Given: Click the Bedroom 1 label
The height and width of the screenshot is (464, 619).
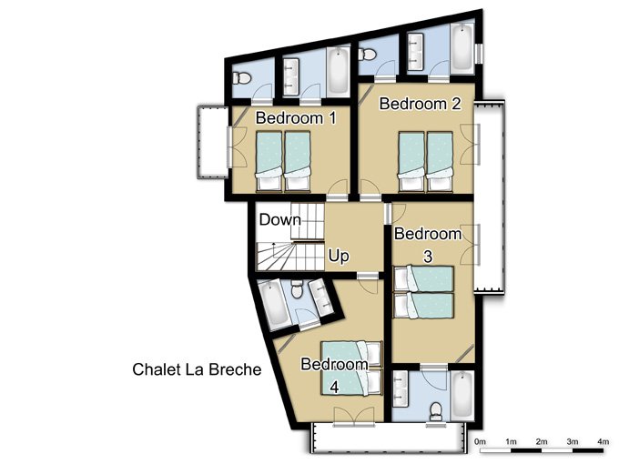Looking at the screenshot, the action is pyautogui.click(x=296, y=117).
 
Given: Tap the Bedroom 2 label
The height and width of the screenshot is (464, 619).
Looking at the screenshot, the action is pyautogui.click(x=420, y=104).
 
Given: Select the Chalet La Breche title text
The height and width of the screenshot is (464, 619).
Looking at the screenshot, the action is pyautogui.click(x=197, y=369).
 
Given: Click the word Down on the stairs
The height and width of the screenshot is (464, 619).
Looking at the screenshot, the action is pyautogui.click(x=279, y=219).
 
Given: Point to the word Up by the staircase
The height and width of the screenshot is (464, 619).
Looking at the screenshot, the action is pyautogui.click(x=339, y=256).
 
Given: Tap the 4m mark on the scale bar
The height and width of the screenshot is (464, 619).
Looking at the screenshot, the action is pyautogui.click(x=603, y=441).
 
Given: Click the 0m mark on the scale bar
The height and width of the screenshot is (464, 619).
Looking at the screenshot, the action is pyautogui.click(x=480, y=441).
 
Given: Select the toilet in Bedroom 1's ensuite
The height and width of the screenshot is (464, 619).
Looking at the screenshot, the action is pyautogui.click(x=241, y=78).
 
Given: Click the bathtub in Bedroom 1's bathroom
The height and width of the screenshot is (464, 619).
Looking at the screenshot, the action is pyautogui.click(x=338, y=70).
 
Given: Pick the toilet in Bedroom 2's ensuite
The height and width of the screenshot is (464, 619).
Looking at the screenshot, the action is pyautogui.click(x=368, y=55).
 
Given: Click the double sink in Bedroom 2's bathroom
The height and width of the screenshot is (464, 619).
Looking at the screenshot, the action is pyautogui.click(x=415, y=50).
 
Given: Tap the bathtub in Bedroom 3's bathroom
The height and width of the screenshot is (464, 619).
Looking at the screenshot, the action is pyautogui.click(x=462, y=396).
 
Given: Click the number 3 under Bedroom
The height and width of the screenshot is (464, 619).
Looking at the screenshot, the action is pyautogui.click(x=428, y=257).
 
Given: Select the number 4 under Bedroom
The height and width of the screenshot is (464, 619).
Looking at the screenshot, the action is pyautogui.click(x=334, y=387).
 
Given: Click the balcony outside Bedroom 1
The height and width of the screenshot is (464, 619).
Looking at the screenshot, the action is pyautogui.click(x=212, y=142).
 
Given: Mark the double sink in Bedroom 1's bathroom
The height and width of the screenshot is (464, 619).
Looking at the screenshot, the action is pyautogui.click(x=291, y=76).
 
